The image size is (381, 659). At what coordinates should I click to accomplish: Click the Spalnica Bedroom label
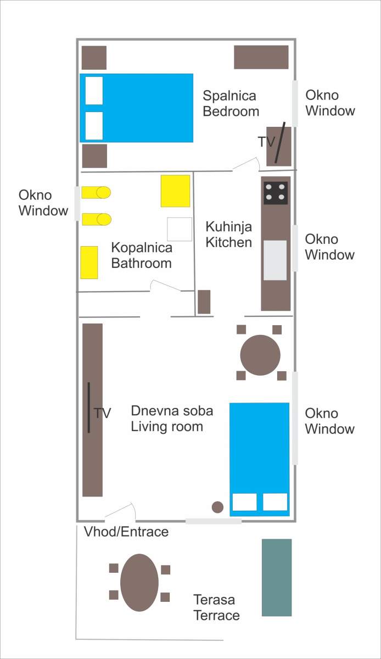pos(231,104)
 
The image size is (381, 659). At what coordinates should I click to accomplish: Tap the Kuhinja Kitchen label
pos(228,234)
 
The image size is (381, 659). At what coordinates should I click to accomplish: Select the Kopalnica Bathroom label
pos(142,255)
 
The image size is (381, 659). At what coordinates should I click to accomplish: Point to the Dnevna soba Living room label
pos(172,418)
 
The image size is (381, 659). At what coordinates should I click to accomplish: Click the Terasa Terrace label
pos(216,607)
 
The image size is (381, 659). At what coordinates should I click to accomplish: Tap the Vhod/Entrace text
pos(126,532)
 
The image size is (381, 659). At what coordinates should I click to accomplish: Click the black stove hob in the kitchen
pos(276,193)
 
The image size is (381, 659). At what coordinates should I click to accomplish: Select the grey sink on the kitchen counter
pos(275,260)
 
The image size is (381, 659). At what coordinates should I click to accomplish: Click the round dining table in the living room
pos(260,355)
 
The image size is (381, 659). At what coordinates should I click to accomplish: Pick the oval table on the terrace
pos(139,583)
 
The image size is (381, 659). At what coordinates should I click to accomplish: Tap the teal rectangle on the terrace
pos(277,578)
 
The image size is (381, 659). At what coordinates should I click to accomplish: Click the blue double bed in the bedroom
pos(137,108)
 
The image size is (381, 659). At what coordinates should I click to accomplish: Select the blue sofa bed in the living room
pos(260,460)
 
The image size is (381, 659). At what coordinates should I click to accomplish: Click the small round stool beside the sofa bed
pos(217,507)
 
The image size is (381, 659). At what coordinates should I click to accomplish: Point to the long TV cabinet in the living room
pos(92,410)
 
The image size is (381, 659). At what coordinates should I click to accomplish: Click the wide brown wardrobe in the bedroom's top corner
pos(261,57)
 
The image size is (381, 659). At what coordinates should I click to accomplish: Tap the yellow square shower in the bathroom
pos(175,191)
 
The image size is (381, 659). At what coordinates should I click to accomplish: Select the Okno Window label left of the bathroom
pos(43,203)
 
